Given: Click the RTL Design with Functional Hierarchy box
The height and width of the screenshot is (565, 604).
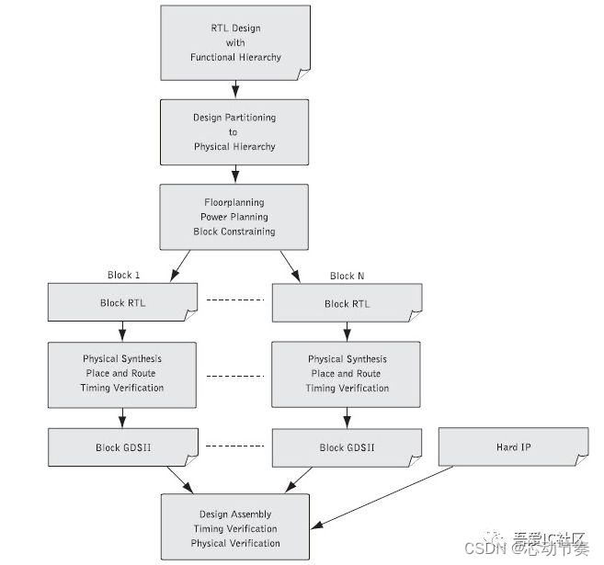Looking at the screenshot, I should click(235, 42).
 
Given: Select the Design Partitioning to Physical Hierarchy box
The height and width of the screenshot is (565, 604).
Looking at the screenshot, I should click(234, 132).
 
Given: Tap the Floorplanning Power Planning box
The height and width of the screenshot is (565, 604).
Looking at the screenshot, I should click(234, 217).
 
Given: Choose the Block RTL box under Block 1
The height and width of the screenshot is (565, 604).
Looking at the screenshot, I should click(122, 303).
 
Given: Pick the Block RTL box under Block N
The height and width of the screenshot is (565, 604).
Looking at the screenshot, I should click(348, 304).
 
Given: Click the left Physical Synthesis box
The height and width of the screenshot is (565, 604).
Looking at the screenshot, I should click(122, 374).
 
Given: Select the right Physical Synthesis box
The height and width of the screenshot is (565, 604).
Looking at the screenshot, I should click(348, 374).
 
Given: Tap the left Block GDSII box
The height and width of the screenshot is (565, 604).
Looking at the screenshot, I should click(122, 447).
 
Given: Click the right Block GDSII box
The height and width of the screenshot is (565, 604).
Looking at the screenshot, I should click(348, 447).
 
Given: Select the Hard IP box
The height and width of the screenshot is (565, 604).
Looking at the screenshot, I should click(513, 446).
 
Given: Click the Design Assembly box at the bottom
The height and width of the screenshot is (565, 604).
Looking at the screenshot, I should click(234, 528).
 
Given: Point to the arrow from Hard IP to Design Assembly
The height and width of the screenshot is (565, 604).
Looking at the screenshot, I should click(386, 497).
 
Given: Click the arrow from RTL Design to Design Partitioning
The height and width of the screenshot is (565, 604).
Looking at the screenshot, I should click(235, 89).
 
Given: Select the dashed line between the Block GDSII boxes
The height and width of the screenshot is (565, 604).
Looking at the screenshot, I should click(234, 446).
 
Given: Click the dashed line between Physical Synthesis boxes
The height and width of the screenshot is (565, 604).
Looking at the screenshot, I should click(234, 375).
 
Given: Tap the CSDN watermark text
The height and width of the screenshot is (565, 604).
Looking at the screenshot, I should click(487, 548).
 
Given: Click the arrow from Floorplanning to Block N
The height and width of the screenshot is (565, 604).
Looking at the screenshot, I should click(290, 266).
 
